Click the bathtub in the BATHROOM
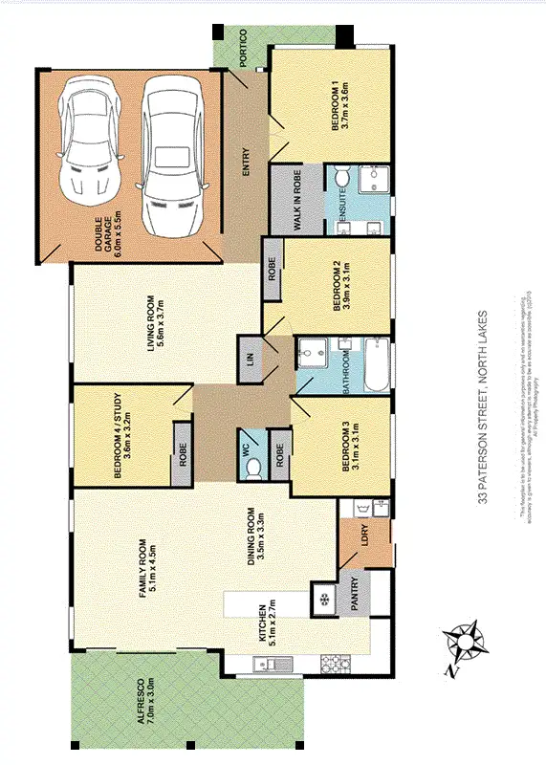click(x=375, y=366)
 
